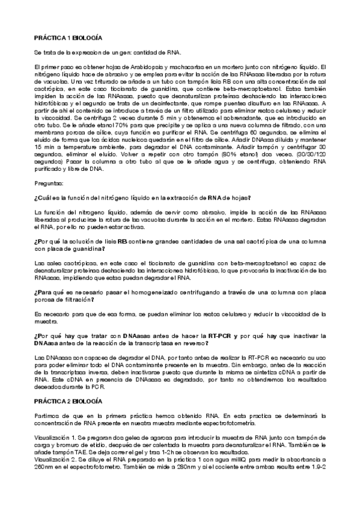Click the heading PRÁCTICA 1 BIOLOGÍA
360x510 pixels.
click(68, 37)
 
